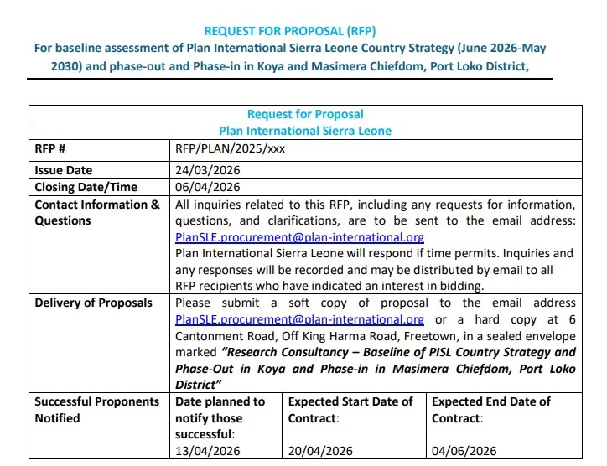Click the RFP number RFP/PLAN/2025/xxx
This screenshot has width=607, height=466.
[231, 149]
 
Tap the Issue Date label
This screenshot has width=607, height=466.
[64, 170]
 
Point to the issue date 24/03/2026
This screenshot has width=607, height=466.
[208, 170]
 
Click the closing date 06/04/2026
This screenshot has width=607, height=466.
[208, 187]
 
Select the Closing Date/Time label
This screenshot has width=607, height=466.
[86, 187]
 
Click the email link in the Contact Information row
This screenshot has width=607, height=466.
[299, 237]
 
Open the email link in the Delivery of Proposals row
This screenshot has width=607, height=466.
[299, 319]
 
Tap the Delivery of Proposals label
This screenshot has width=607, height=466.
[93, 303]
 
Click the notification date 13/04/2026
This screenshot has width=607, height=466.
[208, 451]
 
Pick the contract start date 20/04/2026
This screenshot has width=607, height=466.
[321, 451]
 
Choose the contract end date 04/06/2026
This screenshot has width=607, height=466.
[464, 451]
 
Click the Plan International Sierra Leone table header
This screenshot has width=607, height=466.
[305, 131]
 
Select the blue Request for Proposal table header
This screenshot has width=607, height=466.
[305, 114]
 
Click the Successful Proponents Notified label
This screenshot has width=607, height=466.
[96, 410]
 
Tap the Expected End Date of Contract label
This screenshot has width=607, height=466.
[491, 410]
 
